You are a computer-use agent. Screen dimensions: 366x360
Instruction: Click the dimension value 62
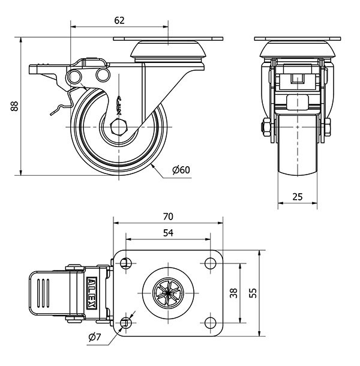coord(119,20)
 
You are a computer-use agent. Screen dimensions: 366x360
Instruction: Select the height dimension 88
coord(13,107)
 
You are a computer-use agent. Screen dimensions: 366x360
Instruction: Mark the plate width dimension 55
coord(253,294)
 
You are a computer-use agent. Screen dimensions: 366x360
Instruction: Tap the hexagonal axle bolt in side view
coord(119,128)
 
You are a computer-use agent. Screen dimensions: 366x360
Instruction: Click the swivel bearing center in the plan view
coord(167,293)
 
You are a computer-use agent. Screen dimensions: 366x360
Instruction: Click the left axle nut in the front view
coord(266,127)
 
